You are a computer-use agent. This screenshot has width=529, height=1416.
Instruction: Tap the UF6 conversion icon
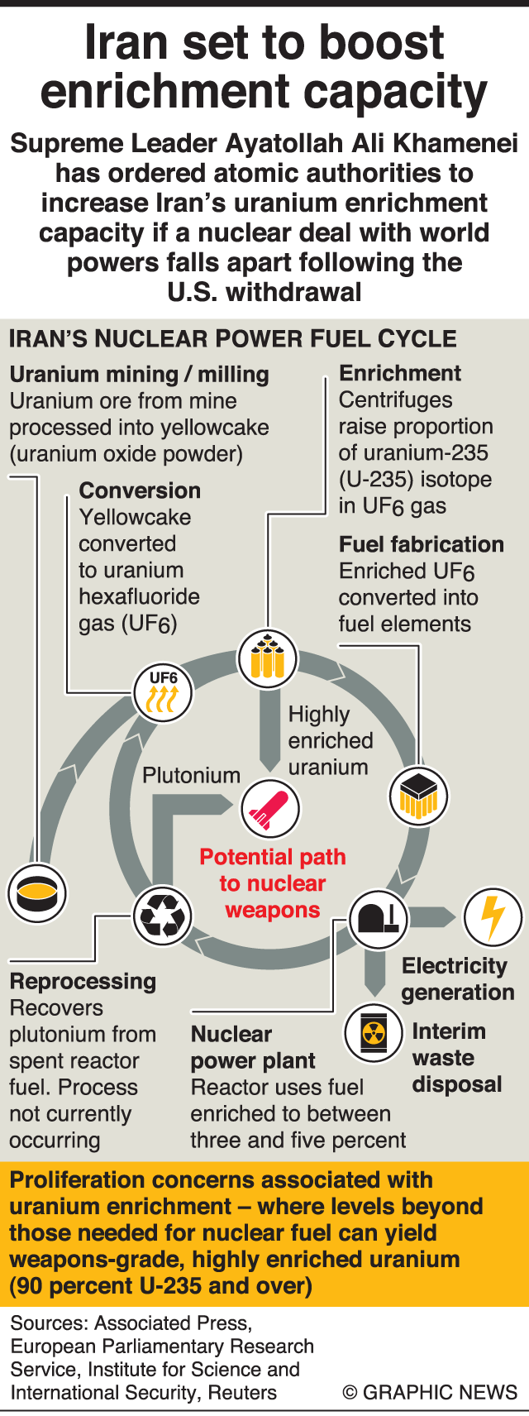[x=163, y=692]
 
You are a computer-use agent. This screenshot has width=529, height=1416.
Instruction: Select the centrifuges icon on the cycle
[x=267, y=658]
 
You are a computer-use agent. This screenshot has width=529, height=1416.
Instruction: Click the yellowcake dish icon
[x=36, y=893]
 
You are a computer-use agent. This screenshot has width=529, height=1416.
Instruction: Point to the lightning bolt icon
[x=493, y=916]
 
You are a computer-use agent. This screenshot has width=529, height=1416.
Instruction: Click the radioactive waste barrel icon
[x=374, y=1032]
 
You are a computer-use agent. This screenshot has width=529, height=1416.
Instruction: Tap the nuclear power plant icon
[x=379, y=917]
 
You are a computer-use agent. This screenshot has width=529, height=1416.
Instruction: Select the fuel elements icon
[x=418, y=796]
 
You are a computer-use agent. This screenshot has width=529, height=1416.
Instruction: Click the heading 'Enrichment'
[x=400, y=373]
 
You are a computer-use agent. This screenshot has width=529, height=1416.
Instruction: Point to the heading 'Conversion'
[x=140, y=490]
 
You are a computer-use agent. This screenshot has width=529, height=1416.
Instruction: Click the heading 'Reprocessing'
[x=83, y=982]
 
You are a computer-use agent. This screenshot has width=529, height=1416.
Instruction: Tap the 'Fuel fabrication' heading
[x=421, y=544]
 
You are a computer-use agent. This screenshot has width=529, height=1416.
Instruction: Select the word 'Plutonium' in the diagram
[x=191, y=775]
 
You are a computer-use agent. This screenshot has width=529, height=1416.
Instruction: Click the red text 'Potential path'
[x=273, y=857]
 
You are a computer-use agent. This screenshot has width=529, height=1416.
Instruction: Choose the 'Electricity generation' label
[x=457, y=978]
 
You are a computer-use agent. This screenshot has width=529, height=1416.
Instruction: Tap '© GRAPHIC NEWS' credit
[x=430, y=1392]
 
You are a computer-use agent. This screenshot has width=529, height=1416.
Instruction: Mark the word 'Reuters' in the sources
[x=242, y=1392]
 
